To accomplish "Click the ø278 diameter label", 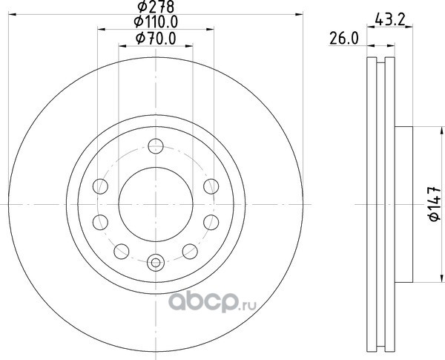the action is click(156, 7).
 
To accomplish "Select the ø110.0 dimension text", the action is click(156, 22).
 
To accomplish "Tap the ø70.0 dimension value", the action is click(156, 39).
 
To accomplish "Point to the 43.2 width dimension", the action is click(389, 20).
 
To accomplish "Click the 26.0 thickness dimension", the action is click(344, 39).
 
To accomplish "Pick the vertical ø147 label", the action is click(434, 203).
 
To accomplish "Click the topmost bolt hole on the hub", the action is click(156, 146).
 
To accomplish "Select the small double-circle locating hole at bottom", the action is click(156, 263).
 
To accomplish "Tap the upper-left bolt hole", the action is click(100, 186).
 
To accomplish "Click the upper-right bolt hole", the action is click(211, 186).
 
